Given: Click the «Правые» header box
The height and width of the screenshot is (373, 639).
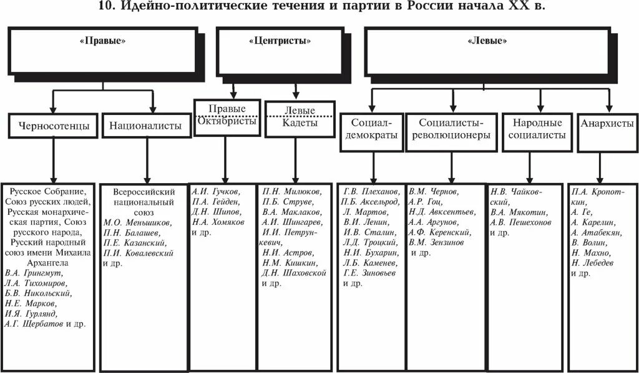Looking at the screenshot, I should [x=103, y=41].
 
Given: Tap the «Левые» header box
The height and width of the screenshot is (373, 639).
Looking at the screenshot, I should [x=487, y=41].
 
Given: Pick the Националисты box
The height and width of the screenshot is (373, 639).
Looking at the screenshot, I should [x=145, y=126].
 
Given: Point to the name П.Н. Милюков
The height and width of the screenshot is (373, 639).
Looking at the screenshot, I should [x=292, y=192].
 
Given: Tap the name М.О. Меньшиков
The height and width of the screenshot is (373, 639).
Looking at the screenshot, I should [x=138, y=222].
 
